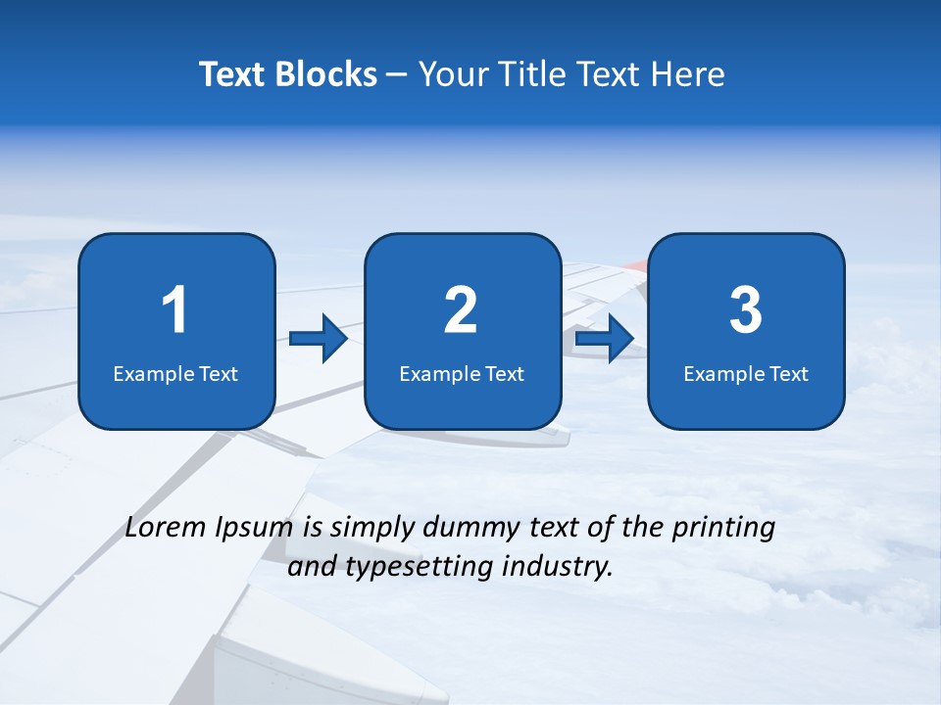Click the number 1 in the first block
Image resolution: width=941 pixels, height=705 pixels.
[175, 310]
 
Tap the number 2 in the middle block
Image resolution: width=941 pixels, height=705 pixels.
[461, 310]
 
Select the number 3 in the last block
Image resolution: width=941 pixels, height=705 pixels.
[746, 310]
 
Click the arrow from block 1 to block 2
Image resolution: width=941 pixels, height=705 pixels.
[319, 339]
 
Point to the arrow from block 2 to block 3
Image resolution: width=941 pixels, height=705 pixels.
[605, 339]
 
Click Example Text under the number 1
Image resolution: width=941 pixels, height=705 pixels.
[175, 374]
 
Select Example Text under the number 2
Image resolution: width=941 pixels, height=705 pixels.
[462, 374]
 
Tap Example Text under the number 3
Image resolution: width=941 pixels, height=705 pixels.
[746, 374]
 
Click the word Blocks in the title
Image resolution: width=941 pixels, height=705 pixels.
[325, 74]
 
